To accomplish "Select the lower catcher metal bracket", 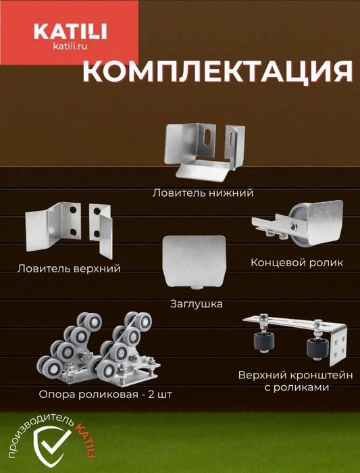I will click(x=202, y=154).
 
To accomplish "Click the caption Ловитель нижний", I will click(x=203, y=193).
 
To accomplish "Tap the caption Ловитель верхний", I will click(x=69, y=268).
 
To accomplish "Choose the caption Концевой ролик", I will click(x=297, y=262).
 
